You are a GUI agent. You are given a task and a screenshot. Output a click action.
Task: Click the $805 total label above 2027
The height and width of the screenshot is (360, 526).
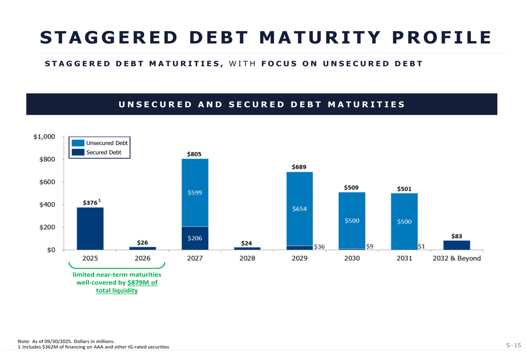(x=194, y=154)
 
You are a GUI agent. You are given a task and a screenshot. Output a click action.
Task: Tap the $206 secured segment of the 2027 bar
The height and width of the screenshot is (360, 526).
(x=195, y=238)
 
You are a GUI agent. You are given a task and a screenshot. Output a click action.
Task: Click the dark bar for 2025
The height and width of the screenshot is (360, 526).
(x=90, y=229)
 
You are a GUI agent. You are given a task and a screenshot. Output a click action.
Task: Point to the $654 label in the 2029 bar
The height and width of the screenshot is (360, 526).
(x=299, y=209)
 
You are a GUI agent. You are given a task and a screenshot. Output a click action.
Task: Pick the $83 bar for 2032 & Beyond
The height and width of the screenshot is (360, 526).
(x=457, y=245)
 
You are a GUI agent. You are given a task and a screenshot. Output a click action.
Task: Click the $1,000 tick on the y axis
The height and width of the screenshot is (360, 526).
(x=44, y=137)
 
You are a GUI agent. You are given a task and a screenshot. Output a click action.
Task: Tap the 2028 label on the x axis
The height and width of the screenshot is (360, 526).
(x=247, y=259)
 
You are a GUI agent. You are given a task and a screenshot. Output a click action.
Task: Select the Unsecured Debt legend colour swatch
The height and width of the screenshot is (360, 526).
(x=78, y=143)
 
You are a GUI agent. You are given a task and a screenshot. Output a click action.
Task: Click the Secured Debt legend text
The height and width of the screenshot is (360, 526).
(x=104, y=152)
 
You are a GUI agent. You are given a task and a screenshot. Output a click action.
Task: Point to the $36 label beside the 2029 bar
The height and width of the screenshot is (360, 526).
(x=319, y=246)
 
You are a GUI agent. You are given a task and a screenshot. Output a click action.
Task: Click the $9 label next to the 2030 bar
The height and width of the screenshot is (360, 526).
(x=370, y=246)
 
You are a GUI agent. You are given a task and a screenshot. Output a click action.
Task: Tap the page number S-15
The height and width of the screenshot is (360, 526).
(x=513, y=345)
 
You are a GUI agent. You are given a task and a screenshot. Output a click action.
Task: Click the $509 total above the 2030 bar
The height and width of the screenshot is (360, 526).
(x=351, y=188)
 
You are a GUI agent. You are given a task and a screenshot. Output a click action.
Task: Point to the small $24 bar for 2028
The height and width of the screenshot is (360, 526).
(x=247, y=249)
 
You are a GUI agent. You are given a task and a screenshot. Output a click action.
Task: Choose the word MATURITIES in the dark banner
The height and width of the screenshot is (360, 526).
(x=366, y=104)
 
